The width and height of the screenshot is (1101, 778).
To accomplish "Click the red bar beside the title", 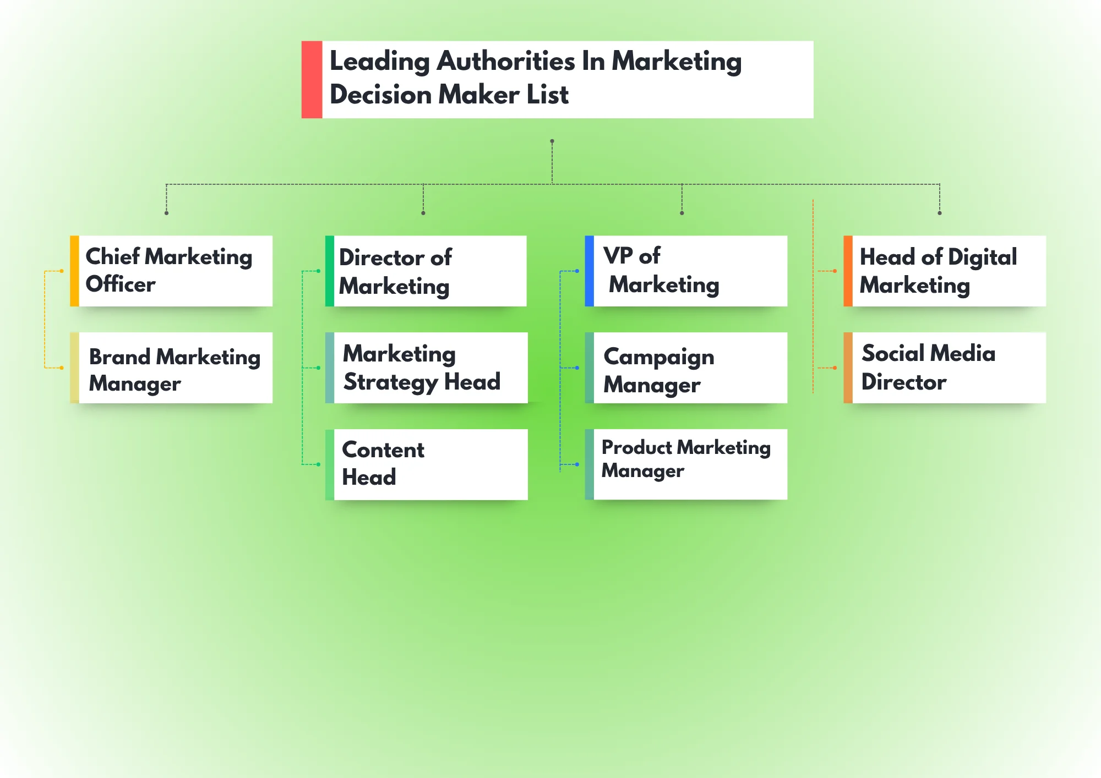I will pyautogui.click(x=312, y=79).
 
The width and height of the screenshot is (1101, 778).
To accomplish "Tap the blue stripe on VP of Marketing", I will pyautogui.click(x=589, y=271).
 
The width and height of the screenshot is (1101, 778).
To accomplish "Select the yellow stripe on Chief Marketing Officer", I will pyautogui.click(x=74, y=271).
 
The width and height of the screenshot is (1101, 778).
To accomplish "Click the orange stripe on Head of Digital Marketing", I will pyautogui.click(x=848, y=271).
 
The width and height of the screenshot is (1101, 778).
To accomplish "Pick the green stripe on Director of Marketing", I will pyautogui.click(x=329, y=271).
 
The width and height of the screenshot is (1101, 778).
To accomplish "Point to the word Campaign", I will pyautogui.click(x=659, y=358).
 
